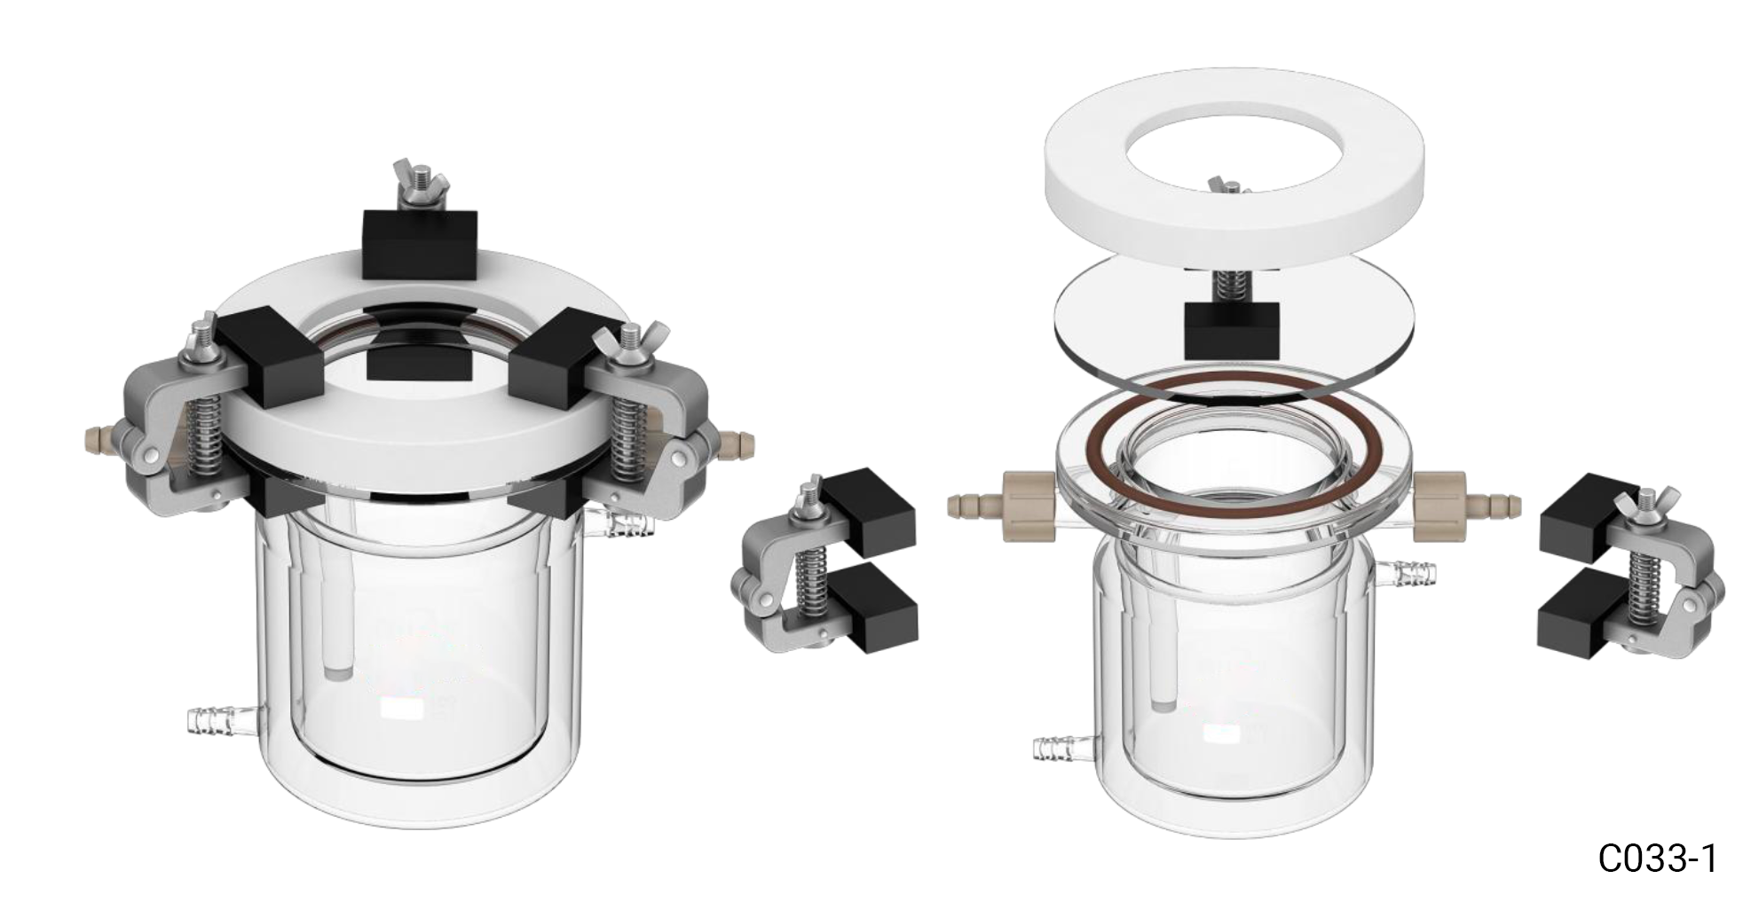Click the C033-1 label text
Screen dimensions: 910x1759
(1657, 859)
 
